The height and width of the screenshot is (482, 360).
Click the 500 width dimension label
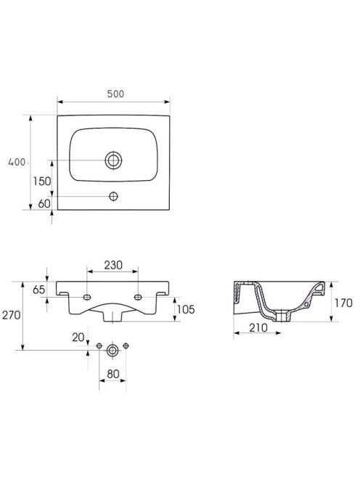[115, 94]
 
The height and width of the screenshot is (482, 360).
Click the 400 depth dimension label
[17, 162]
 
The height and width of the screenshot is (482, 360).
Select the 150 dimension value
[42, 181]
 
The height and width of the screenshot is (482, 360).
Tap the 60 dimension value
[44, 203]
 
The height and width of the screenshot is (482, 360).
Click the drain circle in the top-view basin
[113, 160]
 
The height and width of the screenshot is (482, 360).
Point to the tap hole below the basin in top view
[113, 197]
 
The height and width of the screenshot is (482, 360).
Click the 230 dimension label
[113, 265]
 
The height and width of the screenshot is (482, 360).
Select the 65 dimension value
[38, 290]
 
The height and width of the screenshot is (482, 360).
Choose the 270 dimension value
[12, 315]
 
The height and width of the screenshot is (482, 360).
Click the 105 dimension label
[186, 309]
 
